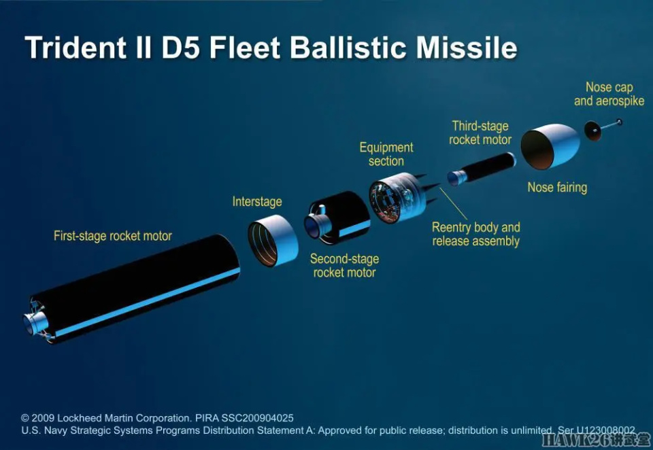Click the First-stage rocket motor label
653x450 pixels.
(113, 236)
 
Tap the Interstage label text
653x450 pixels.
(257, 201)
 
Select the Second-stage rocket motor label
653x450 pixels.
(344, 266)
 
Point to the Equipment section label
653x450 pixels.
(386, 154)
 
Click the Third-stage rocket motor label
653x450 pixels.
(480, 133)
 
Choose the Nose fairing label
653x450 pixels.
(557, 188)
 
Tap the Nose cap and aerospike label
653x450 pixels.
(609, 94)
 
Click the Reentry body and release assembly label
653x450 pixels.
(476, 234)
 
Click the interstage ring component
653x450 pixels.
(273, 241)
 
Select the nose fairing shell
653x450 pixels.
(550, 146)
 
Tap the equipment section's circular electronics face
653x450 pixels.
(384, 202)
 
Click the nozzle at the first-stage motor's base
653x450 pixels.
(35, 323)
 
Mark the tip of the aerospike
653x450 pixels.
(619, 122)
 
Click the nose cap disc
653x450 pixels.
(592, 131)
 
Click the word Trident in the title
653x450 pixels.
(76, 47)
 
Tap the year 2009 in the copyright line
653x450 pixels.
(42, 418)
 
